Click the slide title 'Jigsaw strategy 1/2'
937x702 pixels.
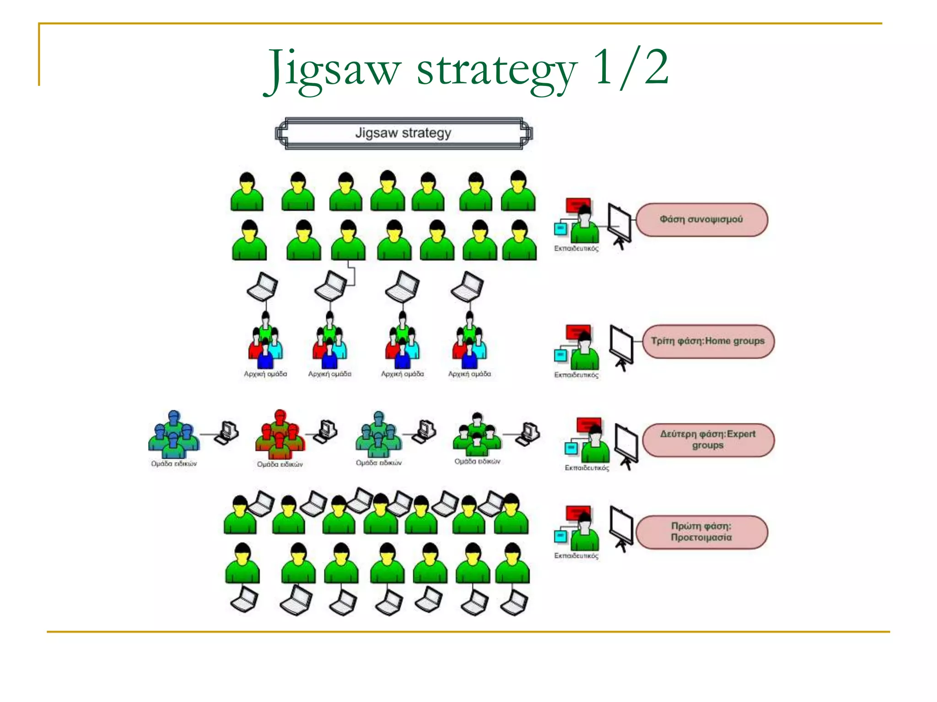click(467, 69)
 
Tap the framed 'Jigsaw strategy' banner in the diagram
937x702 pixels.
click(404, 133)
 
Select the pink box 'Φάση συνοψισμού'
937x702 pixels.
click(701, 220)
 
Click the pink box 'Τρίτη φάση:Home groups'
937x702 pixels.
click(708, 341)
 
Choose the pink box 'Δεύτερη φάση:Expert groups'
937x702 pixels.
click(708, 440)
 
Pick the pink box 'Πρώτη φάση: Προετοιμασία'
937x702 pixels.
click(701, 532)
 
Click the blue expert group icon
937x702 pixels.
click(173, 435)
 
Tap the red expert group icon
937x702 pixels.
click(280, 435)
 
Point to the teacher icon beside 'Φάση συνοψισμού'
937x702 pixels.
click(578, 221)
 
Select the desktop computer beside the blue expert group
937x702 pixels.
click(227, 432)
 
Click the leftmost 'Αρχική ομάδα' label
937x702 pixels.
click(265, 374)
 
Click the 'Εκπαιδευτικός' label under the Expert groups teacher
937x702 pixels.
click(587, 468)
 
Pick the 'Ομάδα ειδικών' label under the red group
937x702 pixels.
click(280, 464)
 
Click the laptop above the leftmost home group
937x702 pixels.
click(263, 287)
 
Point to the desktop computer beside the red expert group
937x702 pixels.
click(326, 431)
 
